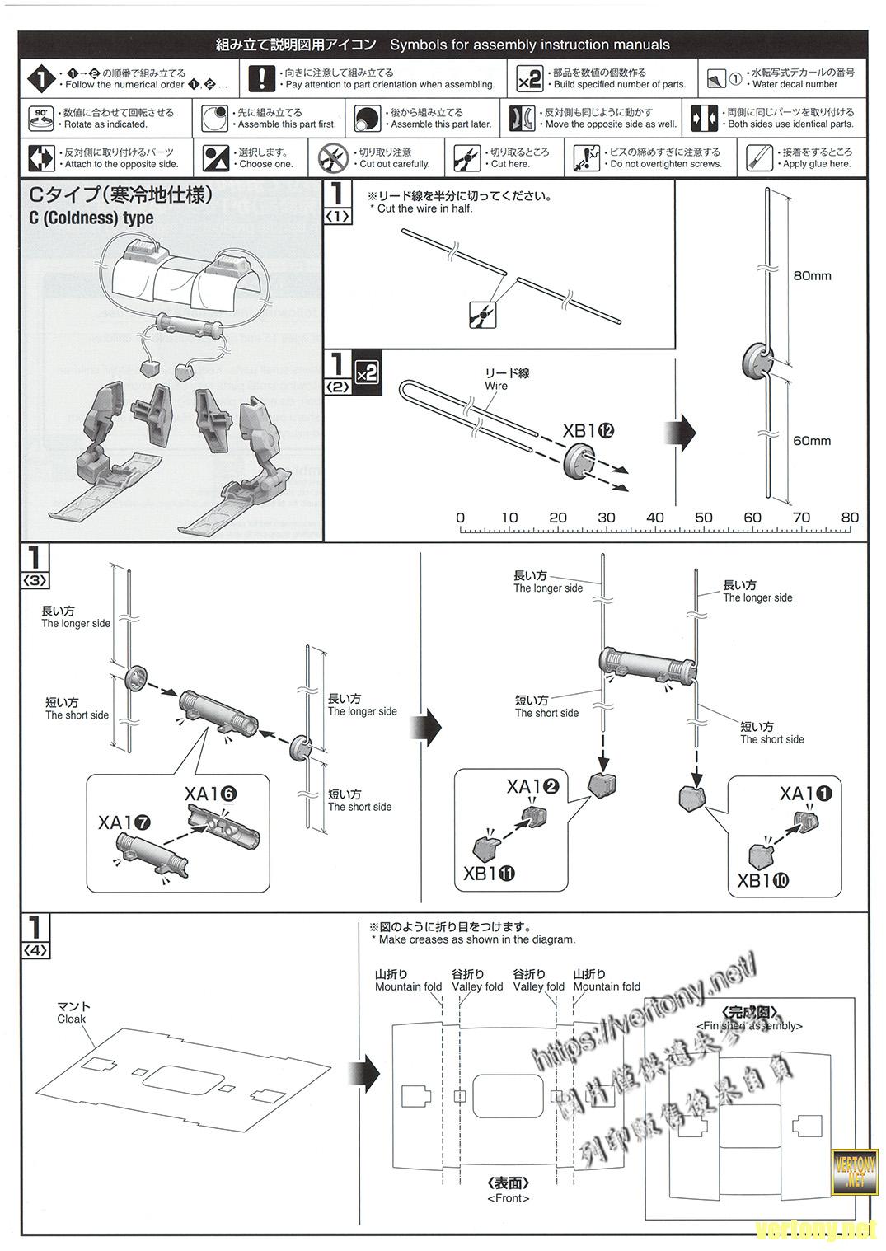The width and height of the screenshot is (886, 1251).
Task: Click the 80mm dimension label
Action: click(x=812, y=276)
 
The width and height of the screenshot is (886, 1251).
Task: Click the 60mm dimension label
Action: click(x=812, y=441)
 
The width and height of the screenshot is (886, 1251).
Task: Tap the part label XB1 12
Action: click(x=588, y=430)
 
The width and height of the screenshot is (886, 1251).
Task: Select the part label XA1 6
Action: click(x=211, y=794)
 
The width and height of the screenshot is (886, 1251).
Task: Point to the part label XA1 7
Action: click(x=124, y=822)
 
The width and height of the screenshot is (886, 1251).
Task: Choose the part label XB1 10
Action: click(x=762, y=880)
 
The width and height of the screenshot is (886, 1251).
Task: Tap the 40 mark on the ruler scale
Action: click(x=655, y=518)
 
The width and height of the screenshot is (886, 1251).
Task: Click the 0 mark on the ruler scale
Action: click(x=460, y=518)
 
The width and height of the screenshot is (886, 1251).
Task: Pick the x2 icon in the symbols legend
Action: click(x=528, y=78)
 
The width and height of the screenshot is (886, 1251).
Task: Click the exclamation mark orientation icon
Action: click(x=261, y=78)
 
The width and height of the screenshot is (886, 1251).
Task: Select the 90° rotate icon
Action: click(x=40, y=118)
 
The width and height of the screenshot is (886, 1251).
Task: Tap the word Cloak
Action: click(x=72, y=1019)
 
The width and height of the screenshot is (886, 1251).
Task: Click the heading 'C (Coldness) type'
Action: click(x=91, y=218)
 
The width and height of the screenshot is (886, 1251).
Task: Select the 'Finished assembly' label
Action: click(x=749, y=1025)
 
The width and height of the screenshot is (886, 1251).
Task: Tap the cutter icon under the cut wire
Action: click(x=481, y=314)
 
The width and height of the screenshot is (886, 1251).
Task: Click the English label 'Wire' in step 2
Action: click(x=496, y=386)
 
